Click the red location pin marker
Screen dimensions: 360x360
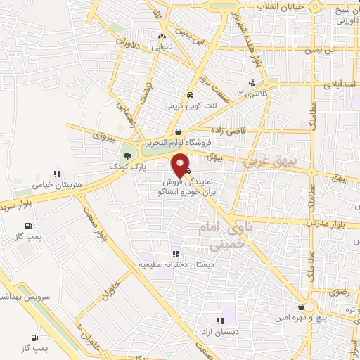[181, 164]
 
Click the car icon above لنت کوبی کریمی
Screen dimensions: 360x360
[189, 96]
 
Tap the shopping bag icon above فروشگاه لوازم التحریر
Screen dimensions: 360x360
[178, 131]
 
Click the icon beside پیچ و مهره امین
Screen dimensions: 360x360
[307, 307]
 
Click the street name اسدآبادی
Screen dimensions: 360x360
[338, 82]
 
